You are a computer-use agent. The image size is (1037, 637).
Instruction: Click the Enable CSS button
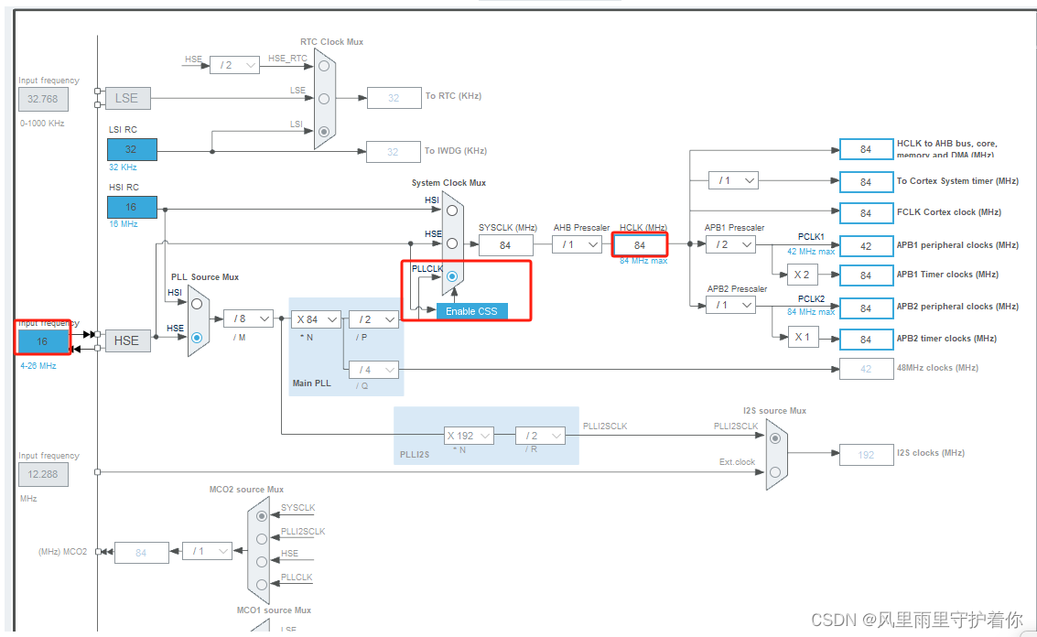pos(471,311)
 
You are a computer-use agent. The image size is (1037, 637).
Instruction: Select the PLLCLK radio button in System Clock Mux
pos(452,276)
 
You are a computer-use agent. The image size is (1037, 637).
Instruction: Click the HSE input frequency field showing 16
pos(42,341)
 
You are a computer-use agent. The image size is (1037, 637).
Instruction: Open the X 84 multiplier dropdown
pos(317,319)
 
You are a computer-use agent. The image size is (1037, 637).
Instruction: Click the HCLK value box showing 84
pos(639,244)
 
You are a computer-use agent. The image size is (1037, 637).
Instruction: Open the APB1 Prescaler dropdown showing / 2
pos(730,244)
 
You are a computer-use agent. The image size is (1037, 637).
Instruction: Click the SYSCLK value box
pos(505,244)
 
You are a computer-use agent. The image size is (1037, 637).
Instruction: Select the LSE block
pos(126,99)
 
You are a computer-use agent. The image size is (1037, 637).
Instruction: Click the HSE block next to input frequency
pos(126,340)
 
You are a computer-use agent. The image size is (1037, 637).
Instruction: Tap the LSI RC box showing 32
pos(132,149)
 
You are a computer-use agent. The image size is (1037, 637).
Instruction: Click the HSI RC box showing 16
pos(132,207)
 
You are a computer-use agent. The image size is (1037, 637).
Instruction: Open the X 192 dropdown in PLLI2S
pos(469,436)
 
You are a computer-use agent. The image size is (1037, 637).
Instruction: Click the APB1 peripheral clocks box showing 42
pos(866,245)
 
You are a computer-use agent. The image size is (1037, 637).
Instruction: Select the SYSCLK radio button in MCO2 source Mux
pos(263,516)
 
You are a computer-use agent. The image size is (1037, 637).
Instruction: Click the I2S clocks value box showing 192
pos(866,455)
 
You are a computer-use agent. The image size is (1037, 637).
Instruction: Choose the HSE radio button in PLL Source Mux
pos(197,337)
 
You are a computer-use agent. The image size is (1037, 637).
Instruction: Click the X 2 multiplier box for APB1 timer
pos(802,275)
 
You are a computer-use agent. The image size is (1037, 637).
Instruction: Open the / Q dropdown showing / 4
pos(373,370)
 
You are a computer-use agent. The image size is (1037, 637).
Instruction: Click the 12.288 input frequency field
pos(42,474)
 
